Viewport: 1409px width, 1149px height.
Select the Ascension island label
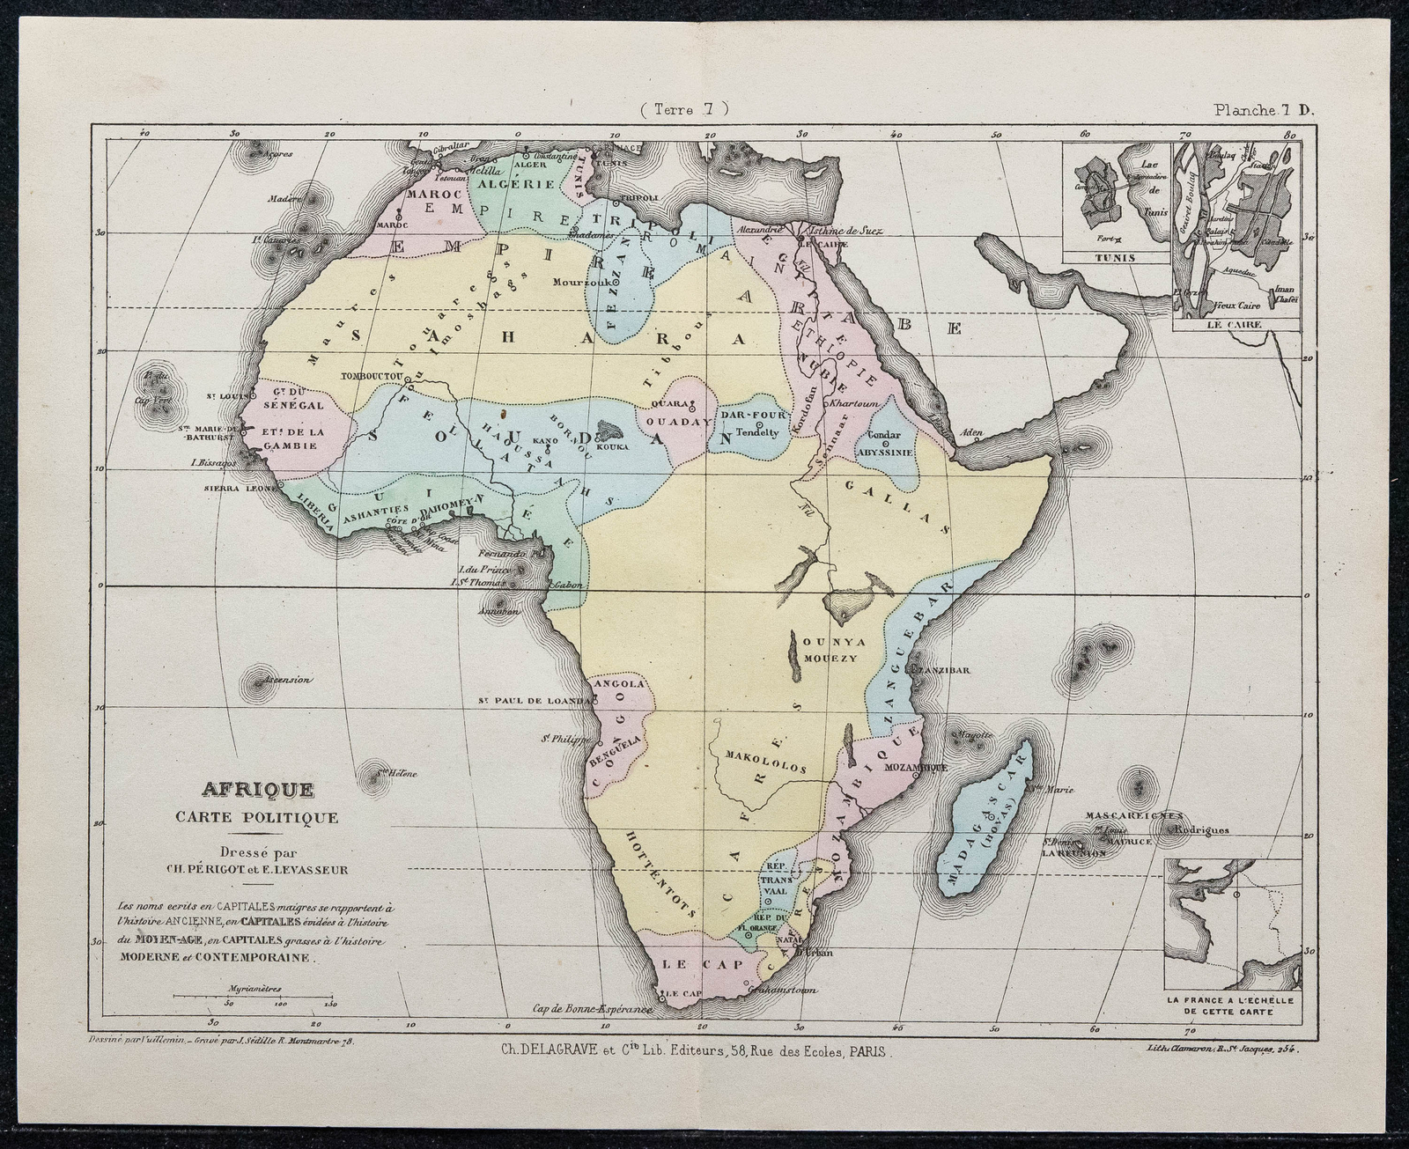click(265, 680)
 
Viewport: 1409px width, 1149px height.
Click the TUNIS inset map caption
click(1116, 258)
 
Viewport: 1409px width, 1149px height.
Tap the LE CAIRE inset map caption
click(1236, 325)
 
